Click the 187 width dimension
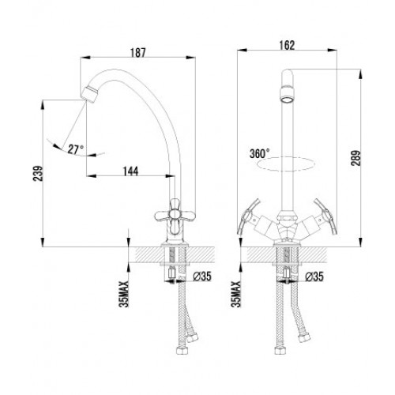(x=138, y=52)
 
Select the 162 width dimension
(x=287, y=45)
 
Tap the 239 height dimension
(x=38, y=174)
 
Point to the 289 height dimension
(x=355, y=158)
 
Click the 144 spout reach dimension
(x=130, y=171)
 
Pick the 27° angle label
(x=76, y=149)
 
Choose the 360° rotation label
(x=260, y=153)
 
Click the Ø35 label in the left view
(x=202, y=276)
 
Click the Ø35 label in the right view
(x=314, y=276)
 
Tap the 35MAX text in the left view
(x=124, y=294)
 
